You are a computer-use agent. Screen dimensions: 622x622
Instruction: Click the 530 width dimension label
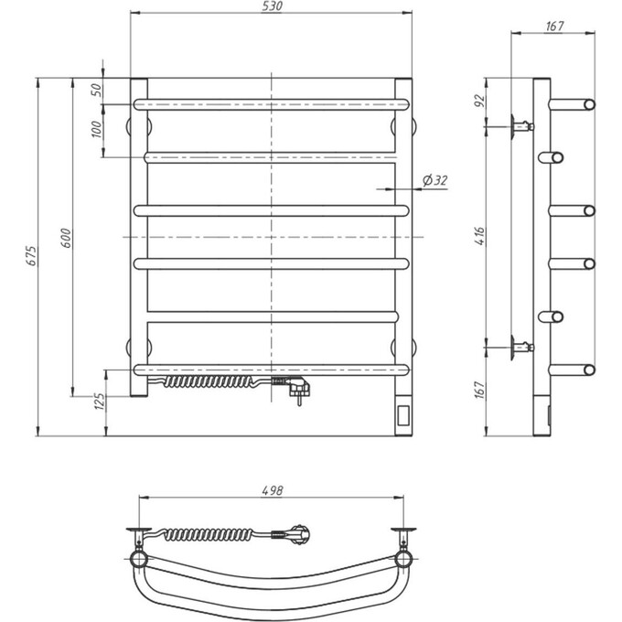271,6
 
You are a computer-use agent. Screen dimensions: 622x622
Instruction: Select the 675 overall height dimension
30,257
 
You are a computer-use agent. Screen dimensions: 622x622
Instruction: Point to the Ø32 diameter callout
435,181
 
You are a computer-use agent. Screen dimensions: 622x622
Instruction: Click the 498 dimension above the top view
271,490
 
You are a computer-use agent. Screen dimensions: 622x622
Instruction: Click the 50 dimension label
96,90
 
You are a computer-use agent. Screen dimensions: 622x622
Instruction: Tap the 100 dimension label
96,128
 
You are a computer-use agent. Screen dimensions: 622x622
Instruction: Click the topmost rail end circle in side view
589,104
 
